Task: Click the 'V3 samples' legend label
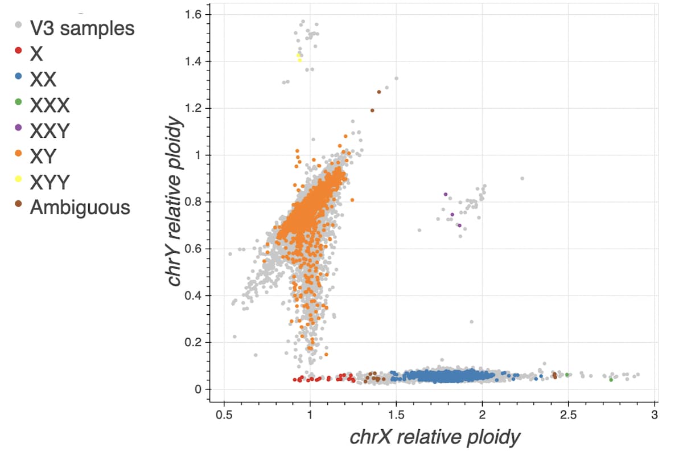point(82,28)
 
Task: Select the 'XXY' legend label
point(50,131)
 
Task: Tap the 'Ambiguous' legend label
point(80,208)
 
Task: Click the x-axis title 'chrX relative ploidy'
point(435,437)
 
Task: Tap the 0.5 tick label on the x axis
point(224,414)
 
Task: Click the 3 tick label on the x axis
point(655,414)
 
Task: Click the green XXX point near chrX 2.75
point(611,379)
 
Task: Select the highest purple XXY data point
point(446,194)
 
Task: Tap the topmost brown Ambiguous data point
point(379,92)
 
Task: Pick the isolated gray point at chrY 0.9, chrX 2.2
point(522,178)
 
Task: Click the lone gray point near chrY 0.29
point(471,322)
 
